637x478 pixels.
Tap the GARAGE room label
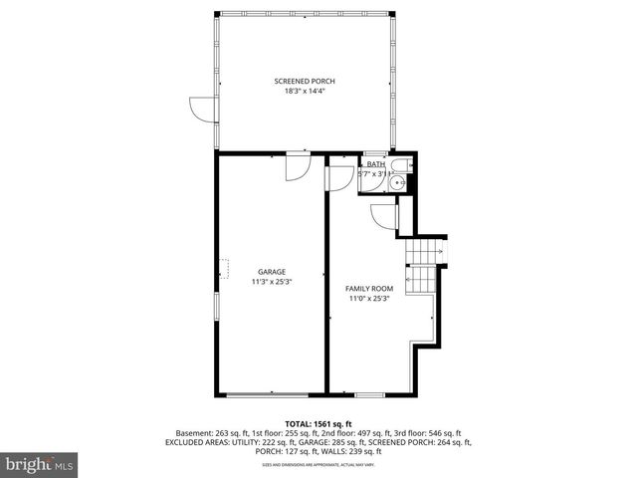[272, 271]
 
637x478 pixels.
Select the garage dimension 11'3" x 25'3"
[272, 282]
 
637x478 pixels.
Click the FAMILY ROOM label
[369, 288]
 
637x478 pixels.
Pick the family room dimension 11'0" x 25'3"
[369, 298]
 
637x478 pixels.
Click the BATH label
[375, 164]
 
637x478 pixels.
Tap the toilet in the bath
[399, 166]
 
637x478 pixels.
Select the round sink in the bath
[398, 182]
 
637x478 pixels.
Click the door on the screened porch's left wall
[202, 109]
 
